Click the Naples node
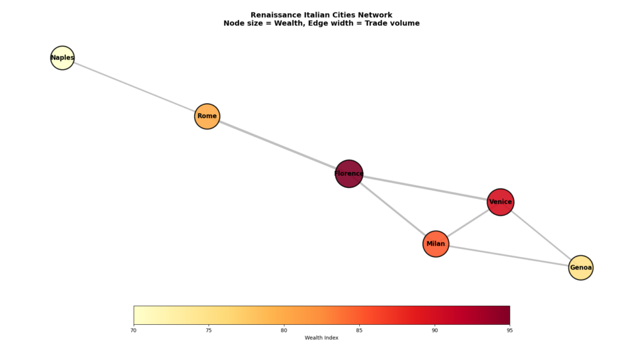tap(62, 58)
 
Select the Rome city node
tap(207, 116)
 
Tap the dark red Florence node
tap(349, 173)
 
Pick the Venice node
tap(500, 202)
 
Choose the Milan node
tap(436, 244)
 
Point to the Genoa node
tap(581, 268)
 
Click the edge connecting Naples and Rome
tap(134, 87)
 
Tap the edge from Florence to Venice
tap(424, 188)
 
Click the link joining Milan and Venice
tap(468, 223)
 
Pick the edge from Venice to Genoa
tap(540, 234)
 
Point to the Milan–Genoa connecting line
tap(509, 256)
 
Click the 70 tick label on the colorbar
tap(134, 330)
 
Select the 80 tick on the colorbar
tap(284, 330)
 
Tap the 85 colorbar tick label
tap(359, 330)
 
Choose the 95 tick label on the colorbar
tap(509, 330)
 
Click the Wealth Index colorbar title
tap(321, 338)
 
